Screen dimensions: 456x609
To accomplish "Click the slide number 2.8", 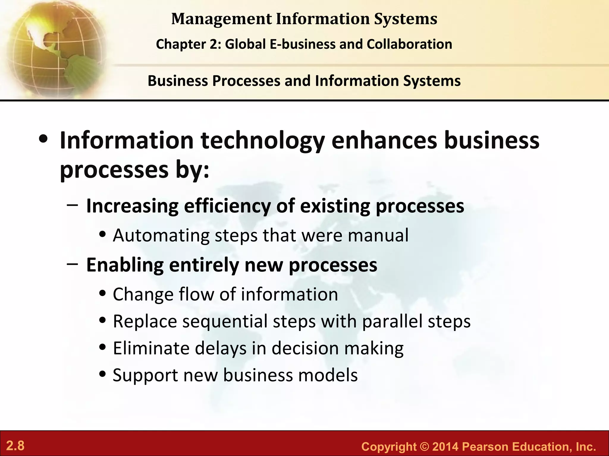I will [x=15, y=446].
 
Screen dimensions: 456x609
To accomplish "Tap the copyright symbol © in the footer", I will [x=424, y=447].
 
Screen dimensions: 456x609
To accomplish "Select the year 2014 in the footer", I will [x=445, y=447].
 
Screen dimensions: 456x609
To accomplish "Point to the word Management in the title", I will [x=222, y=19].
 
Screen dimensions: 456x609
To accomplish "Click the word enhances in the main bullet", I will [x=384, y=140].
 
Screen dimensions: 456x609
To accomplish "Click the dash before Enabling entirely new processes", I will [x=73, y=263].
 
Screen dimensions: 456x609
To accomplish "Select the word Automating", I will [x=161, y=235].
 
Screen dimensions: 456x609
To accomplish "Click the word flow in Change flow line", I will [x=196, y=294].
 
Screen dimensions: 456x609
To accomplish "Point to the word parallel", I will [x=392, y=321].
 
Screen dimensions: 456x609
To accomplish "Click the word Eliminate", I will [x=151, y=348].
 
